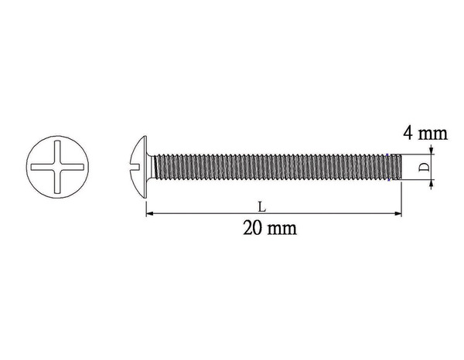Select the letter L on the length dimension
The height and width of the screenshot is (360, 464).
(x=264, y=206)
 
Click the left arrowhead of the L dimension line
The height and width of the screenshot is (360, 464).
(x=149, y=213)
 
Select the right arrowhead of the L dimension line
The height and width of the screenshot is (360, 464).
(x=400, y=213)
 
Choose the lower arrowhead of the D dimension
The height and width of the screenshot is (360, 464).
(x=431, y=182)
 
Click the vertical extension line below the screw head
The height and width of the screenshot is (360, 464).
(x=146, y=205)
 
